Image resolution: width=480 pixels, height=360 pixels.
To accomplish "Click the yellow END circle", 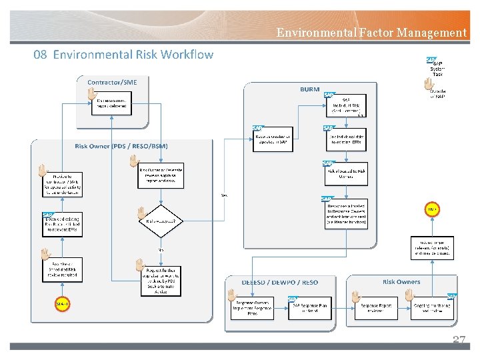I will coord(431,210).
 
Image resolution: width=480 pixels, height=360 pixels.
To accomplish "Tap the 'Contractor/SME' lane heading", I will coord(112,82).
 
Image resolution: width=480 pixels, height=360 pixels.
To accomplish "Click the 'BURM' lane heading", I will coord(309,89).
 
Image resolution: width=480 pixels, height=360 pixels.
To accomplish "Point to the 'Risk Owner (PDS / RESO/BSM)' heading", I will coord(121,146).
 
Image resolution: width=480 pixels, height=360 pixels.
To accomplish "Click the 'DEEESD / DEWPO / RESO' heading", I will coord(279,282).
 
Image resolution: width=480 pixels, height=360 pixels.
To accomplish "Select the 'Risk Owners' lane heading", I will coord(401,282).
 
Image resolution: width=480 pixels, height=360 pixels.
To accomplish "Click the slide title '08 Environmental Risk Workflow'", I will coord(123,55).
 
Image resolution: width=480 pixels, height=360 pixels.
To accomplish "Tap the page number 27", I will coord(459,340).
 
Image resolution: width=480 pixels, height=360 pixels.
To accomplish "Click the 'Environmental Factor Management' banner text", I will coord(371,32).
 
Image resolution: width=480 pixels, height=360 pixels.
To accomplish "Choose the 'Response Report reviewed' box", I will coord(379,308).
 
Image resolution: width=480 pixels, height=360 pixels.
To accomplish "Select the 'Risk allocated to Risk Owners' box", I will coord(346,173).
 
